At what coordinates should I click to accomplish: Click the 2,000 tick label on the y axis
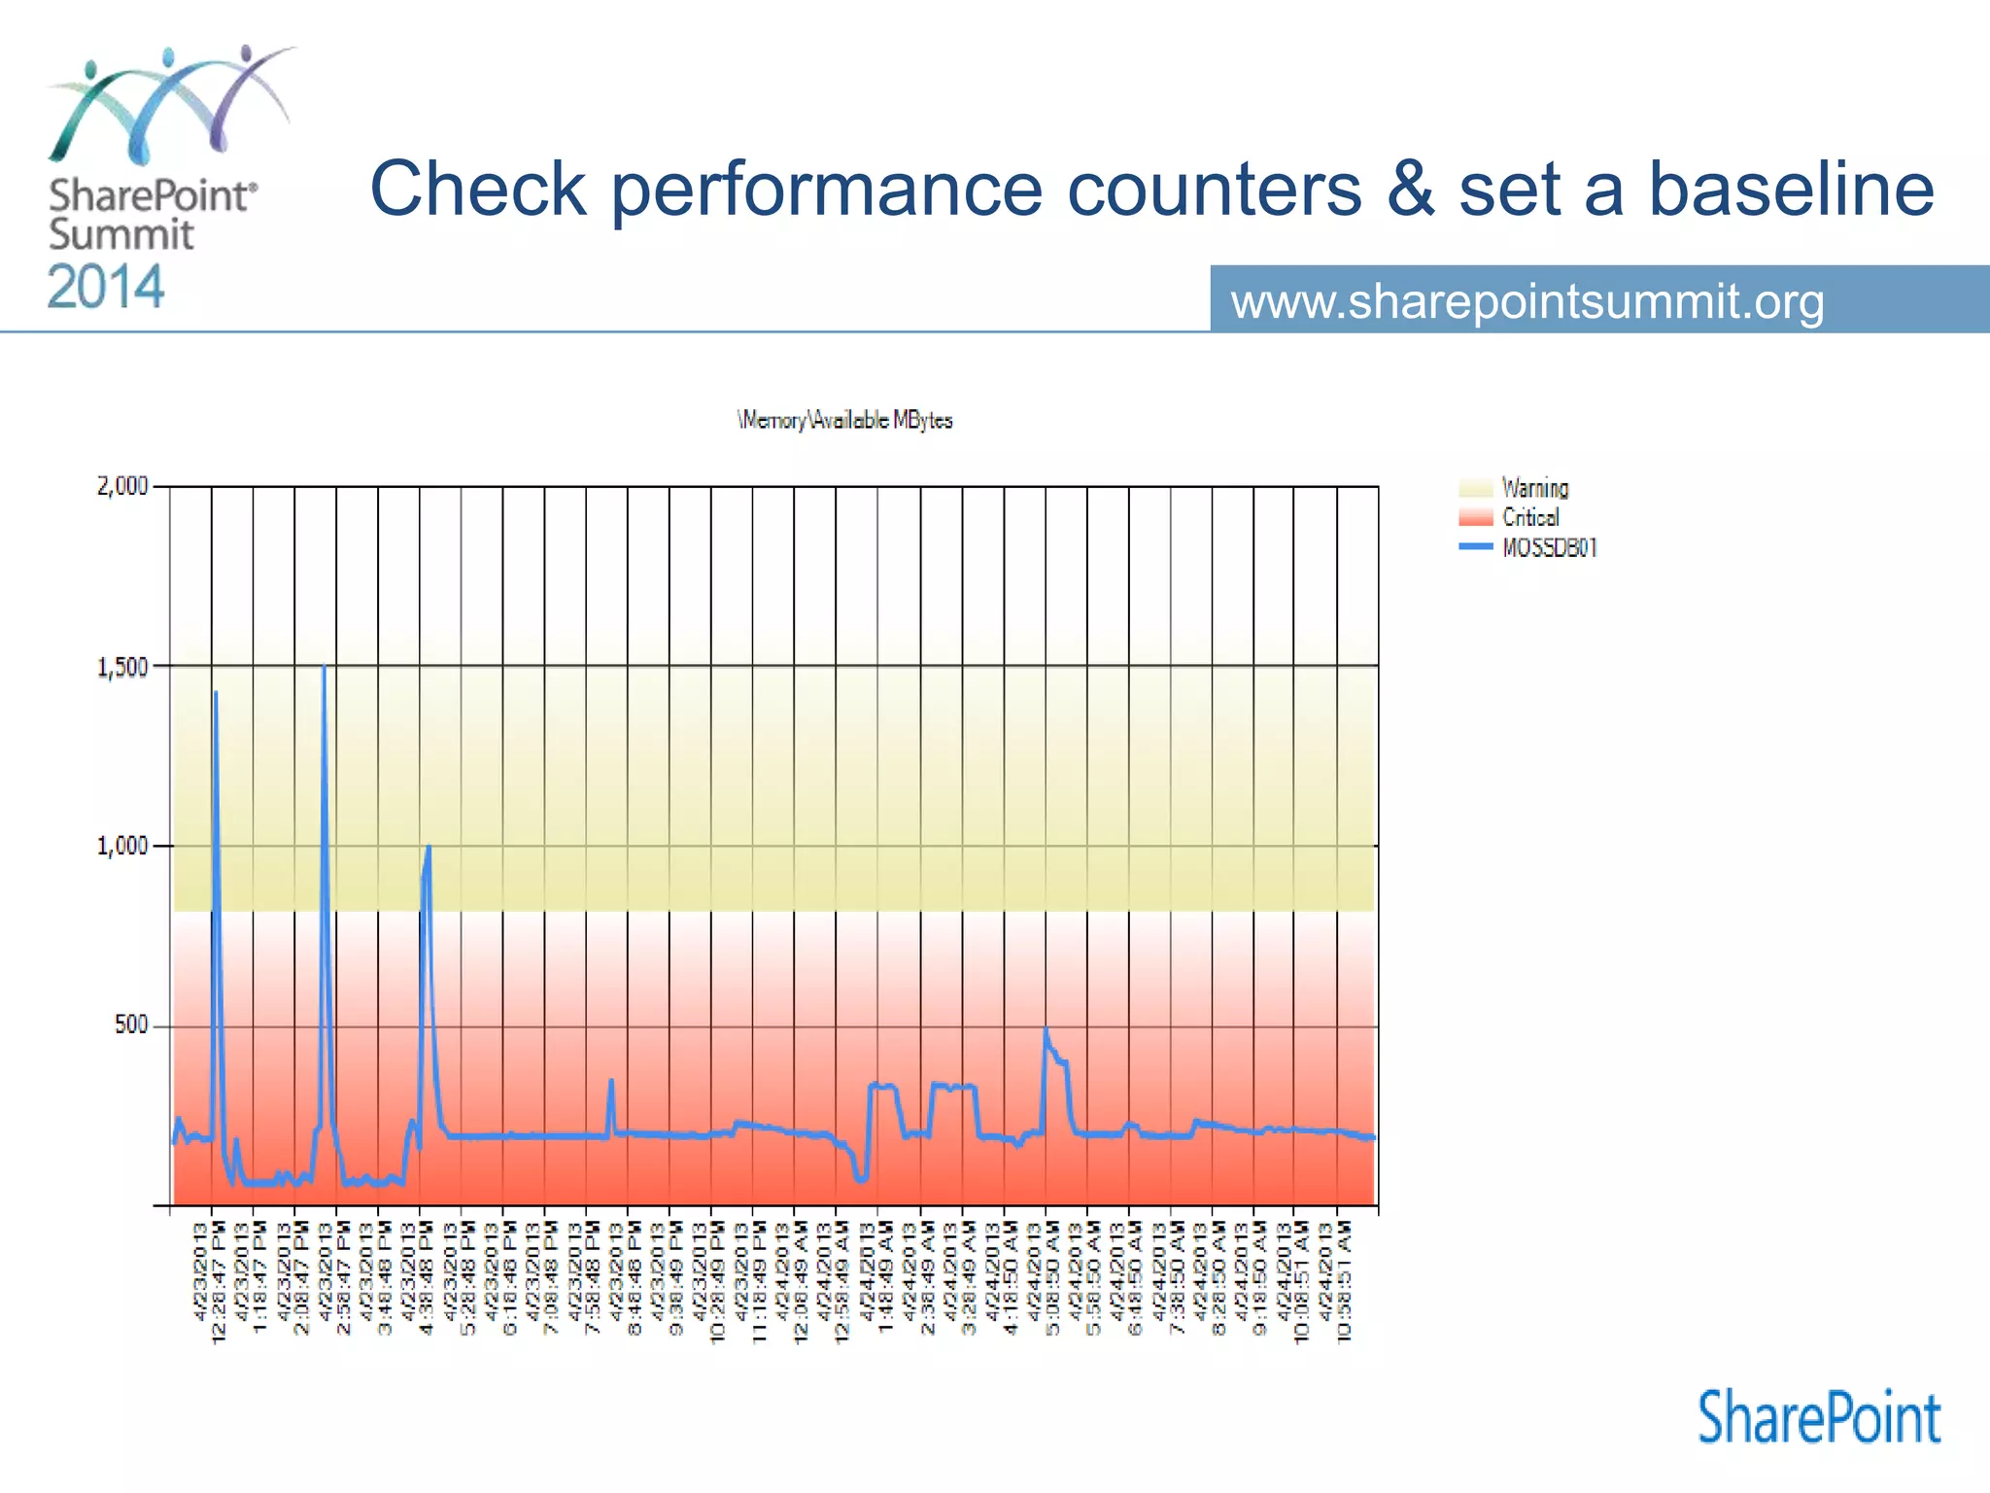pos(122,486)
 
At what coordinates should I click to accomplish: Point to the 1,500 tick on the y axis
pos(122,667)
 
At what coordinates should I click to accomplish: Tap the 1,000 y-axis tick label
pos(122,846)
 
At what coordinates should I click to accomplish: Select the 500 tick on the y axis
pos(131,1025)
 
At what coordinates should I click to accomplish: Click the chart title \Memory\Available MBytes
pos(844,420)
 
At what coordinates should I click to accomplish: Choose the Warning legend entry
pos(1533,488)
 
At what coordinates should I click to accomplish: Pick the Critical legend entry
pos(1529,517)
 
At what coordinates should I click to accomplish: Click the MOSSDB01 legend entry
pos(1549,547)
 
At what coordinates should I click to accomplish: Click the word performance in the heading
pos(827,189)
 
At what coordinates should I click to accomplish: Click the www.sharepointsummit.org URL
pos(1527,301)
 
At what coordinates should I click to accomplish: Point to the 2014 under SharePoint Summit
pos(106,288)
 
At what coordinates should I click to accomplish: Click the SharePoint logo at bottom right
pos(1819,1418)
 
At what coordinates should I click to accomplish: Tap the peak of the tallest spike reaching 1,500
pos(324,668)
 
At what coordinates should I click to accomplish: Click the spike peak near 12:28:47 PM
pos(216,693)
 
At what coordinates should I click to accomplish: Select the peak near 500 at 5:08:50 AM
pos(1046,1030)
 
